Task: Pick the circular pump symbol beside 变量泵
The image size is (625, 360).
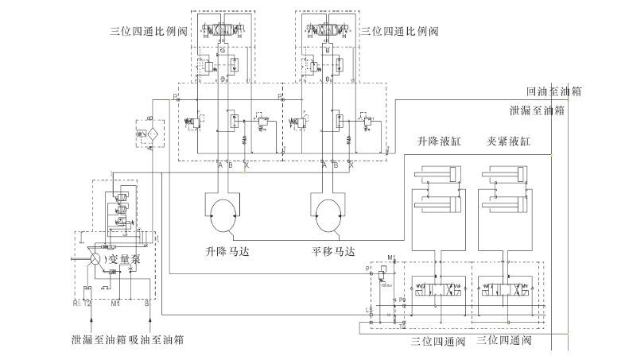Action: pyautogui.click(x=95, y=258)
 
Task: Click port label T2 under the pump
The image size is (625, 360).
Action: pyautogui.click(x=87, y=304)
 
